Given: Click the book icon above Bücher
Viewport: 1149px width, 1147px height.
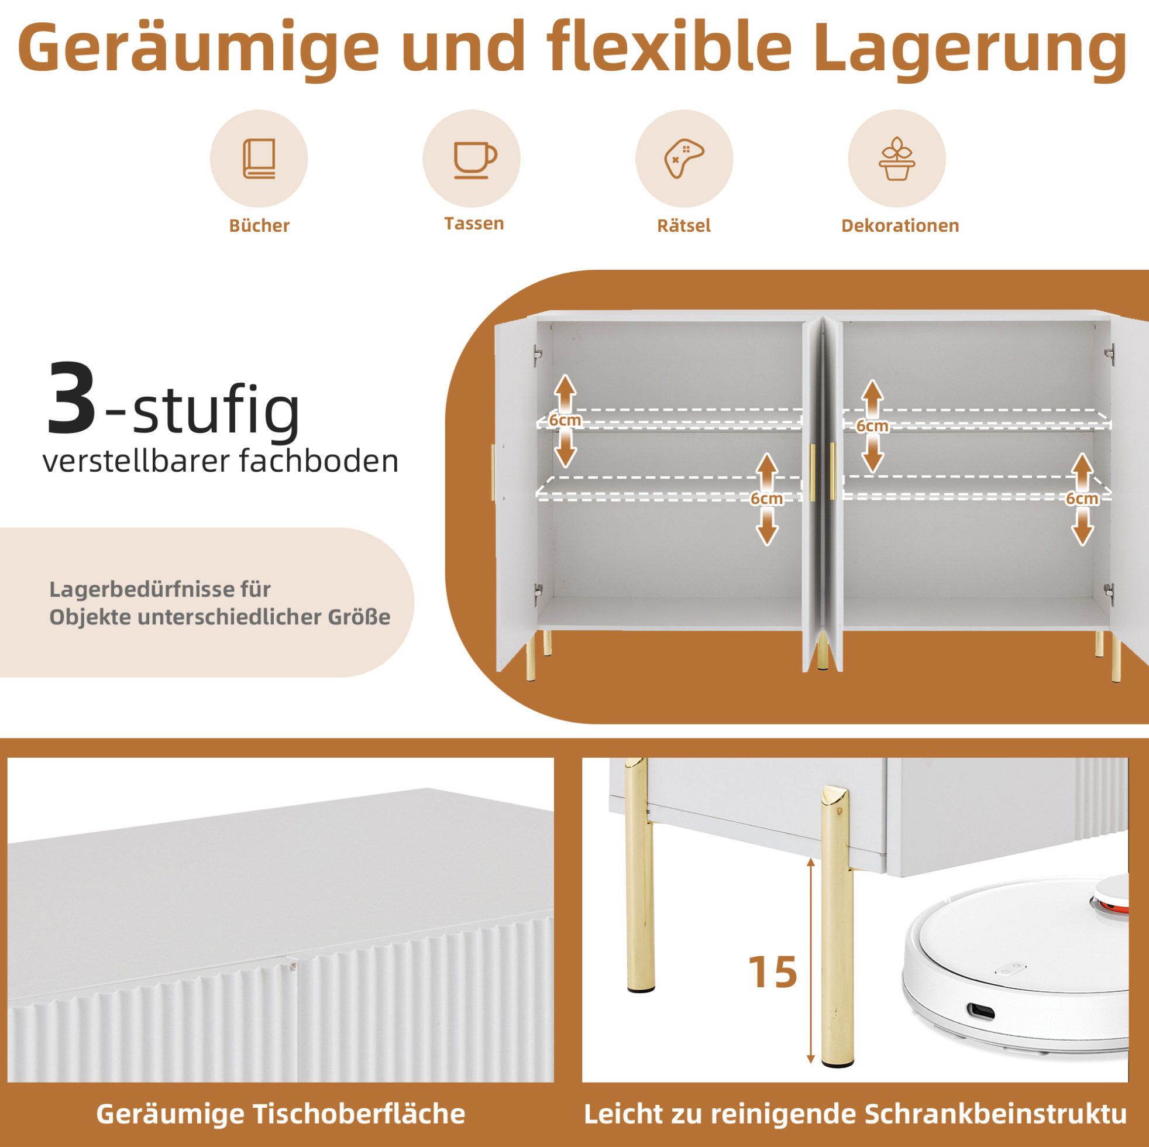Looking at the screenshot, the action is pos(259,158).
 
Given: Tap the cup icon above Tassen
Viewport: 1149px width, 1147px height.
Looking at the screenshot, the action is pos(474,160).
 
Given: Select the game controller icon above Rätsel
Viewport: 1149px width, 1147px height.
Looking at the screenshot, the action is pos(684,159).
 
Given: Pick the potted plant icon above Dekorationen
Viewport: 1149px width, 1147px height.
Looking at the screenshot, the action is pos(897,159).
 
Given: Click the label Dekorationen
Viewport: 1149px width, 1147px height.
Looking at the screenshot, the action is pos(900,225).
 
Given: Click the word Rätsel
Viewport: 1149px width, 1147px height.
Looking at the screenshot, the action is pos(684,225).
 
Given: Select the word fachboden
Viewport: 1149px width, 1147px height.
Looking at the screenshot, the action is pos(319,461).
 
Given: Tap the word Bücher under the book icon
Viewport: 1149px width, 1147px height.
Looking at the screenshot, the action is pos(259,225).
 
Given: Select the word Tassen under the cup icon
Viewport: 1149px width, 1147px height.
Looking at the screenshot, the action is pos(474,223).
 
